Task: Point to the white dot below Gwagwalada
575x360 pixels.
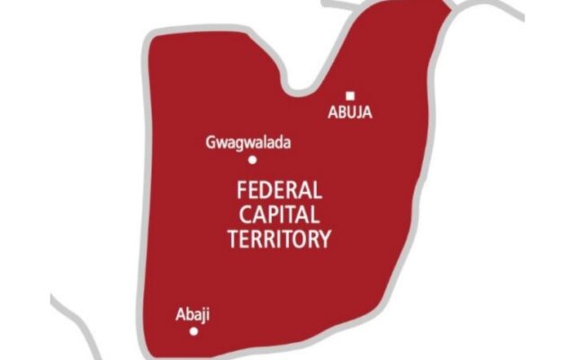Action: point(253,160)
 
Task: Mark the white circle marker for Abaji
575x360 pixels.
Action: point(193,331)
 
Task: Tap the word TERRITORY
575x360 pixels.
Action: point(282,239)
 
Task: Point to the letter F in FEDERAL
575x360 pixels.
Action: point(238,189)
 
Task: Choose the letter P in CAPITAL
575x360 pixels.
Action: point(268,214)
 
